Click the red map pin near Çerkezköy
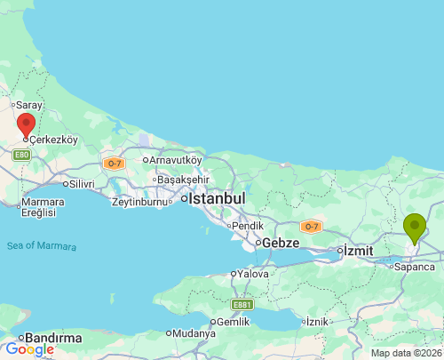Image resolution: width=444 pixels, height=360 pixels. pos(27,125)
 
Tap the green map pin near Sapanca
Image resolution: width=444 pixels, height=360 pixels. pos(414,228)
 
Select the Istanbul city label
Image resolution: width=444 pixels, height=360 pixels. pos(216,199)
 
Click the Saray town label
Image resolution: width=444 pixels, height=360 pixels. pos(28,105)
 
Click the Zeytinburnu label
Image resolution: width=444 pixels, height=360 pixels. pos(139,202)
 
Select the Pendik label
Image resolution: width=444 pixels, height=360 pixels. pos(248,225)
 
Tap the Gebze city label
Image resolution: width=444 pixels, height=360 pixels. pos(279,243)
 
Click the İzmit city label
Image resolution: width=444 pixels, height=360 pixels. pos(359,251)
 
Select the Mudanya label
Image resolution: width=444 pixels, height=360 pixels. pos(194,333)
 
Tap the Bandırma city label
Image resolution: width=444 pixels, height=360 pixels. pos(54,338)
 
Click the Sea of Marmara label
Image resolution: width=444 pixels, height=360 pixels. pos(41,246)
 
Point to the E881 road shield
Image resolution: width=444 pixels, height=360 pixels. pos(242,305)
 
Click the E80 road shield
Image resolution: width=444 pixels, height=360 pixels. pos(21,155)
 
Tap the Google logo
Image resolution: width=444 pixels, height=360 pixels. pos(29,349)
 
